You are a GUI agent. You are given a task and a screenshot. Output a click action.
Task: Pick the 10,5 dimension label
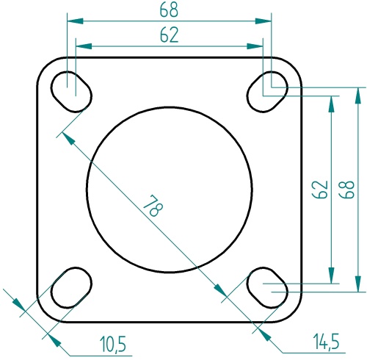pos(113,342)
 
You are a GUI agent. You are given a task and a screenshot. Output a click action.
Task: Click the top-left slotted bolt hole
pos(72,91)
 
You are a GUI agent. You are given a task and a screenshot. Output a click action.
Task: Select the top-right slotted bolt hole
pos(267,90)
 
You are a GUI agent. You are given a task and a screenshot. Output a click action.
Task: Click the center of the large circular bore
pos(170,190)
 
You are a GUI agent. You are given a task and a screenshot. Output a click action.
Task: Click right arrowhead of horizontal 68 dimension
pos(267,21)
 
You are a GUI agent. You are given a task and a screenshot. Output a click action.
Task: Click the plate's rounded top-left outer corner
pos(45,65)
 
